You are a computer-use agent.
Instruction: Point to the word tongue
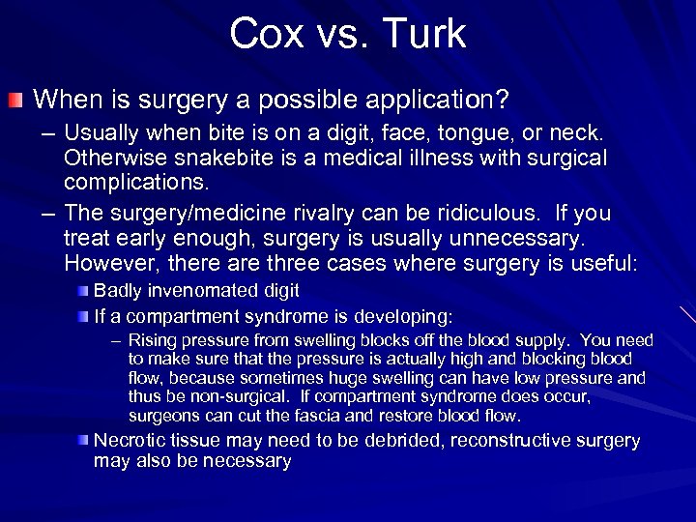(x=437, y=134)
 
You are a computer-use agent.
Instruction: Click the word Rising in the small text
(x=150, y=340)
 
